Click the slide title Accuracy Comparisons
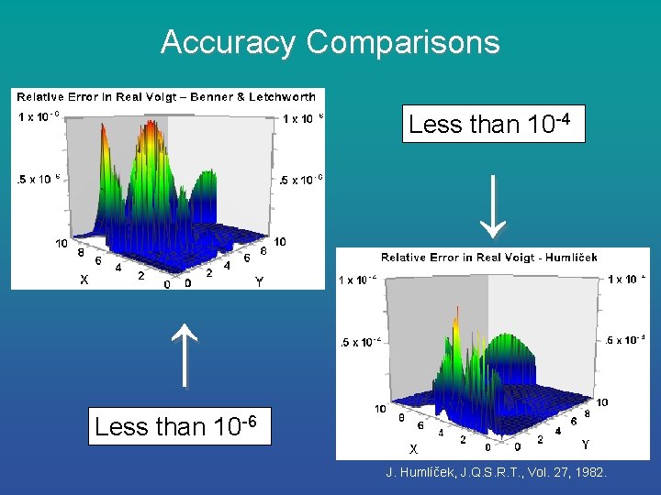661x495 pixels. click(x=330, y=42)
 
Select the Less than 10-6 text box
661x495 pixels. click(x=180, y=426)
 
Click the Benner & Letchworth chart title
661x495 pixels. click(x=166, y=96)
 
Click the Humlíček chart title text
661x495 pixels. click(x=488, y=258)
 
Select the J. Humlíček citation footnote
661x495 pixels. click(x=502, y=472)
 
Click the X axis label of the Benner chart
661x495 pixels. click(x=84, y=280)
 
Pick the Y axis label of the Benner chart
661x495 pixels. click(x=259, y=283)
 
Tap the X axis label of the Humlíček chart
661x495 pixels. click(x=414, y=449)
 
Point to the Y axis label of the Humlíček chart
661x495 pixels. click(x=586, y=445)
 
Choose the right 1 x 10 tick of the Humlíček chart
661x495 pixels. click(x=627, y=279)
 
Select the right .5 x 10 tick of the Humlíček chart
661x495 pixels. click(x=627, y=340)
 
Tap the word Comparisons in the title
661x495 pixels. click(x=403, y=42)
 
